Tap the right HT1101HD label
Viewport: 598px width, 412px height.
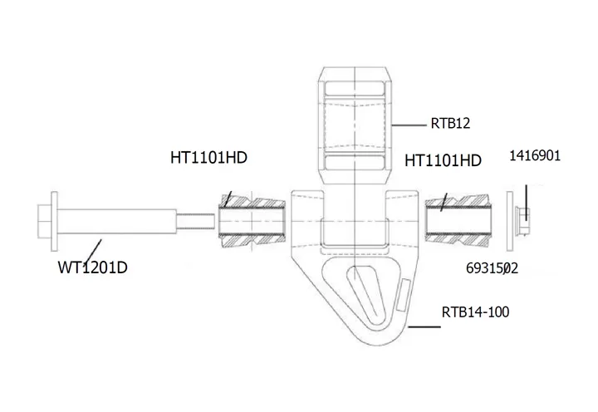(443, 160)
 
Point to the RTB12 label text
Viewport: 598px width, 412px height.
(451, 124)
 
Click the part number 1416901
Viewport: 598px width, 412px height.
(536, 154)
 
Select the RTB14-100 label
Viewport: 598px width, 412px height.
(475, 312)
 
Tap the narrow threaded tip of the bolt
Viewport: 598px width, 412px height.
(196, 222)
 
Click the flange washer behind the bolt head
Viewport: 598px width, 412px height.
(55, 222)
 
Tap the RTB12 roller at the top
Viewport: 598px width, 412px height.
(355, 125)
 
